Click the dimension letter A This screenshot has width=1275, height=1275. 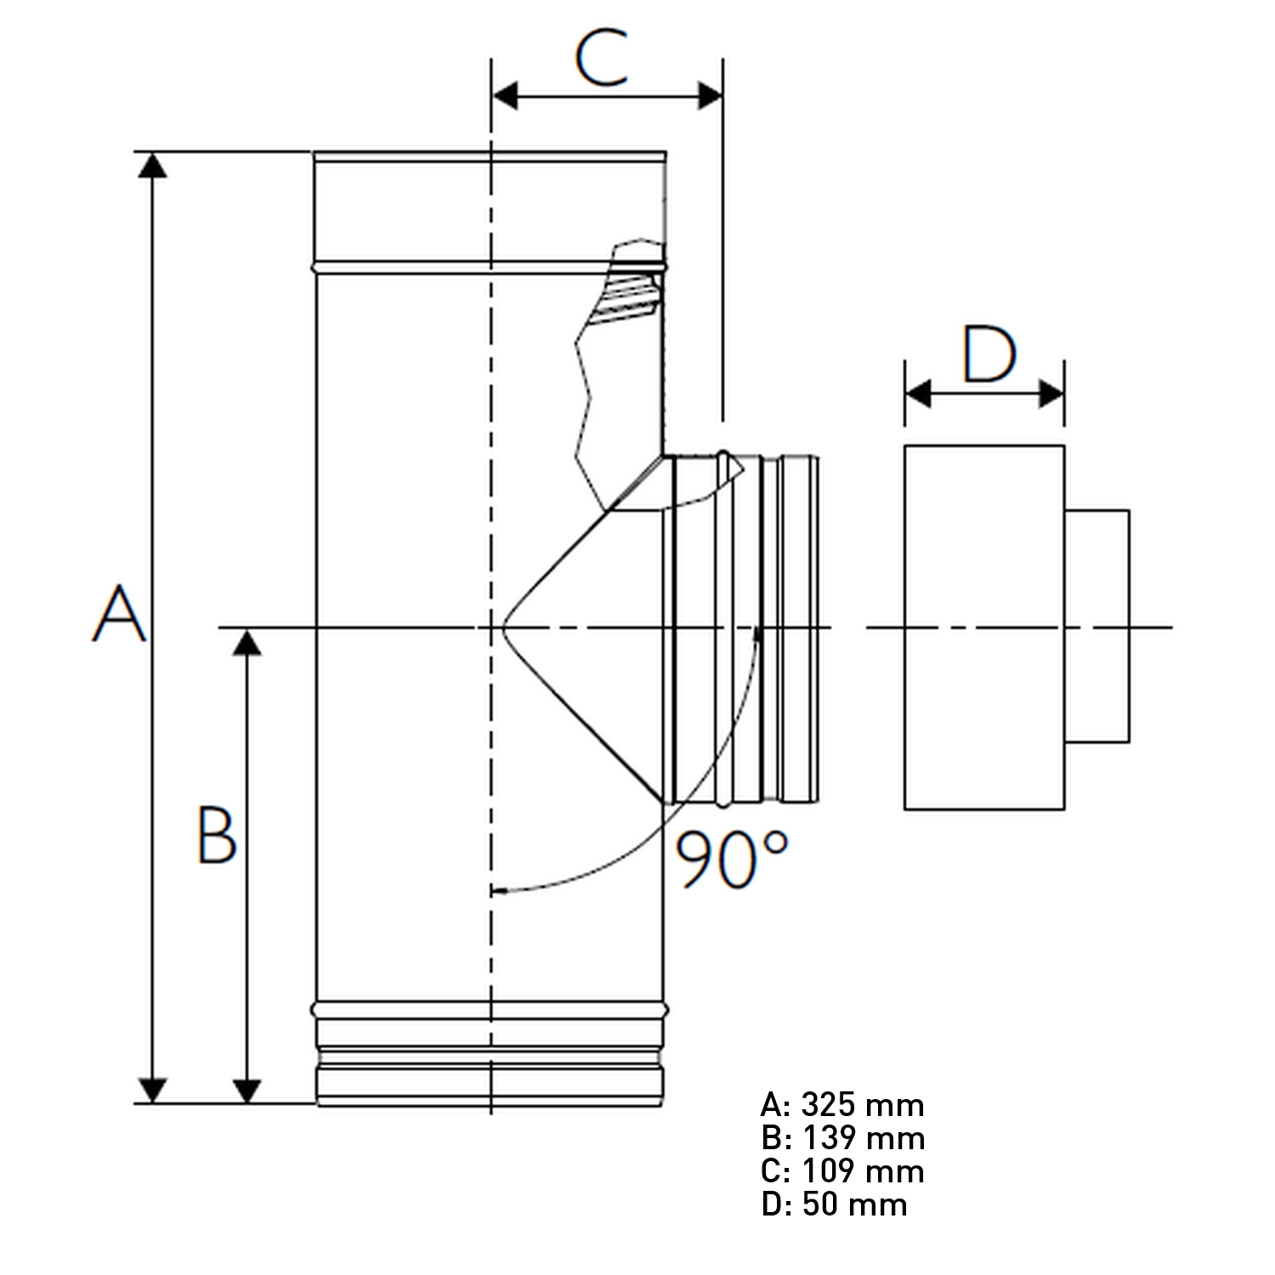point(118,614)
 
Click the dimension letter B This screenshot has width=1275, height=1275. point(216,835)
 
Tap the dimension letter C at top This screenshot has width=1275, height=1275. point(602,58)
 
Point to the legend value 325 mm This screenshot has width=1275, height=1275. point(862,1105)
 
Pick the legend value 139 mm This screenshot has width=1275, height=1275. point(862,1138)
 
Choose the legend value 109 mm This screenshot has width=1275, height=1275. point(862,1171)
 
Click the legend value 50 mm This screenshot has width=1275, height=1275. point(854,1204)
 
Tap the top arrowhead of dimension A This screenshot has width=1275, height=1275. point(152,165)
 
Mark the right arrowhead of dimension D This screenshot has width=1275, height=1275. point(1052,394)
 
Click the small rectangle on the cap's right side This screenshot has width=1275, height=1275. point(1096,626)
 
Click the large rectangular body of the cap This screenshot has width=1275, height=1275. point(983,626)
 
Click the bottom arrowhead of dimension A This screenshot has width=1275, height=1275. point(152,1091)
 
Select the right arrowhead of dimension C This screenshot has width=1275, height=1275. point(711,96)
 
